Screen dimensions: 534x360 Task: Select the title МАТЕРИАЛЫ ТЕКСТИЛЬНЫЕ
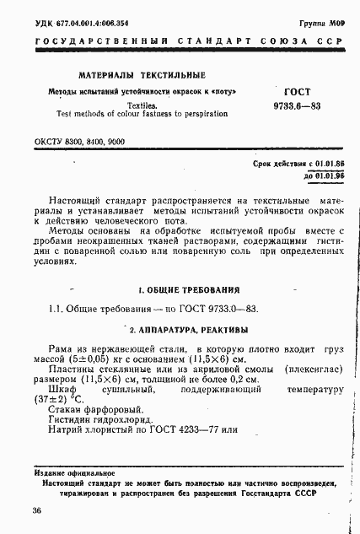tap(136, 76)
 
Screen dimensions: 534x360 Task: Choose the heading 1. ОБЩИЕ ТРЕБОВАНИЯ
tap(183, 289)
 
